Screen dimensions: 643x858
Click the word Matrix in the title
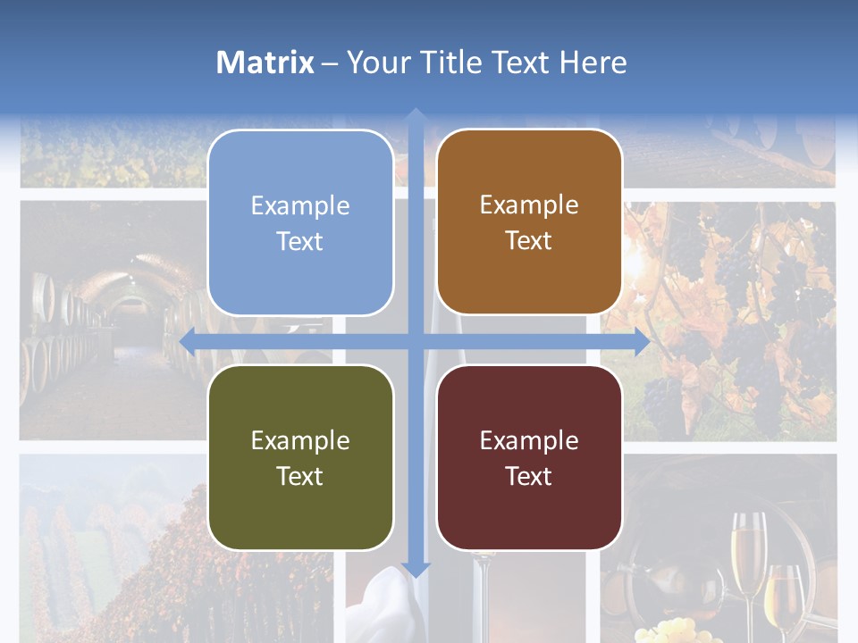(x=265, y=63)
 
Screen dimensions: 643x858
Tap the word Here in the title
(x=593, y=63)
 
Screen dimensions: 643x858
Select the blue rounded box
(x=300, y=222)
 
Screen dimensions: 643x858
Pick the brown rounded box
(x=529, y=222)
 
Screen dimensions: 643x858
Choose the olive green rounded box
(x=300, y=457)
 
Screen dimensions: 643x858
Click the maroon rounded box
(x=529, y=457)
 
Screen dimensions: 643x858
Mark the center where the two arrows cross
(x=416, y=340)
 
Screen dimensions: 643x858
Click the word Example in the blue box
(x=300, y=206)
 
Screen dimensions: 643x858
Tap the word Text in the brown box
(x=529, y=241)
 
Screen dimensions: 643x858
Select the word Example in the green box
(x=300, y=440)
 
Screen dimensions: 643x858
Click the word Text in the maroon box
(x=529, y=476)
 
